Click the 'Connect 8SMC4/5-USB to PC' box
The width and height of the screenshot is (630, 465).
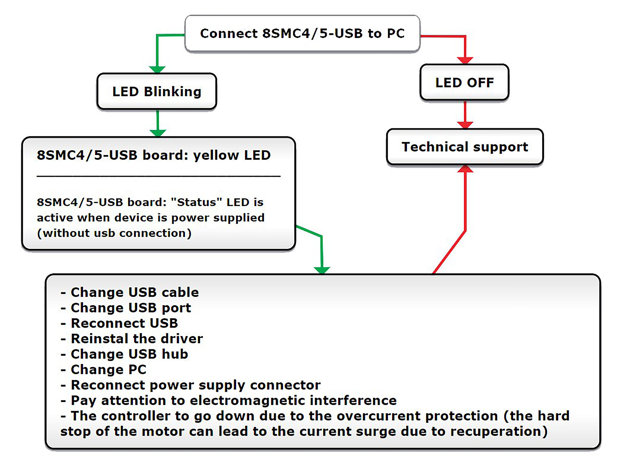point(302,34)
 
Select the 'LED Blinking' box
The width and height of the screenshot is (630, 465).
point(157,91)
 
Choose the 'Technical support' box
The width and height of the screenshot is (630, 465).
point(465,147)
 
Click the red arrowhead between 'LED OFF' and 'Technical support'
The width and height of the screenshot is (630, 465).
point(465,125)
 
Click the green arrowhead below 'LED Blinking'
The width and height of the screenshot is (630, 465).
point(158,133)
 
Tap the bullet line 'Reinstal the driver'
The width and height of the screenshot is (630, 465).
point(132,339)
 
